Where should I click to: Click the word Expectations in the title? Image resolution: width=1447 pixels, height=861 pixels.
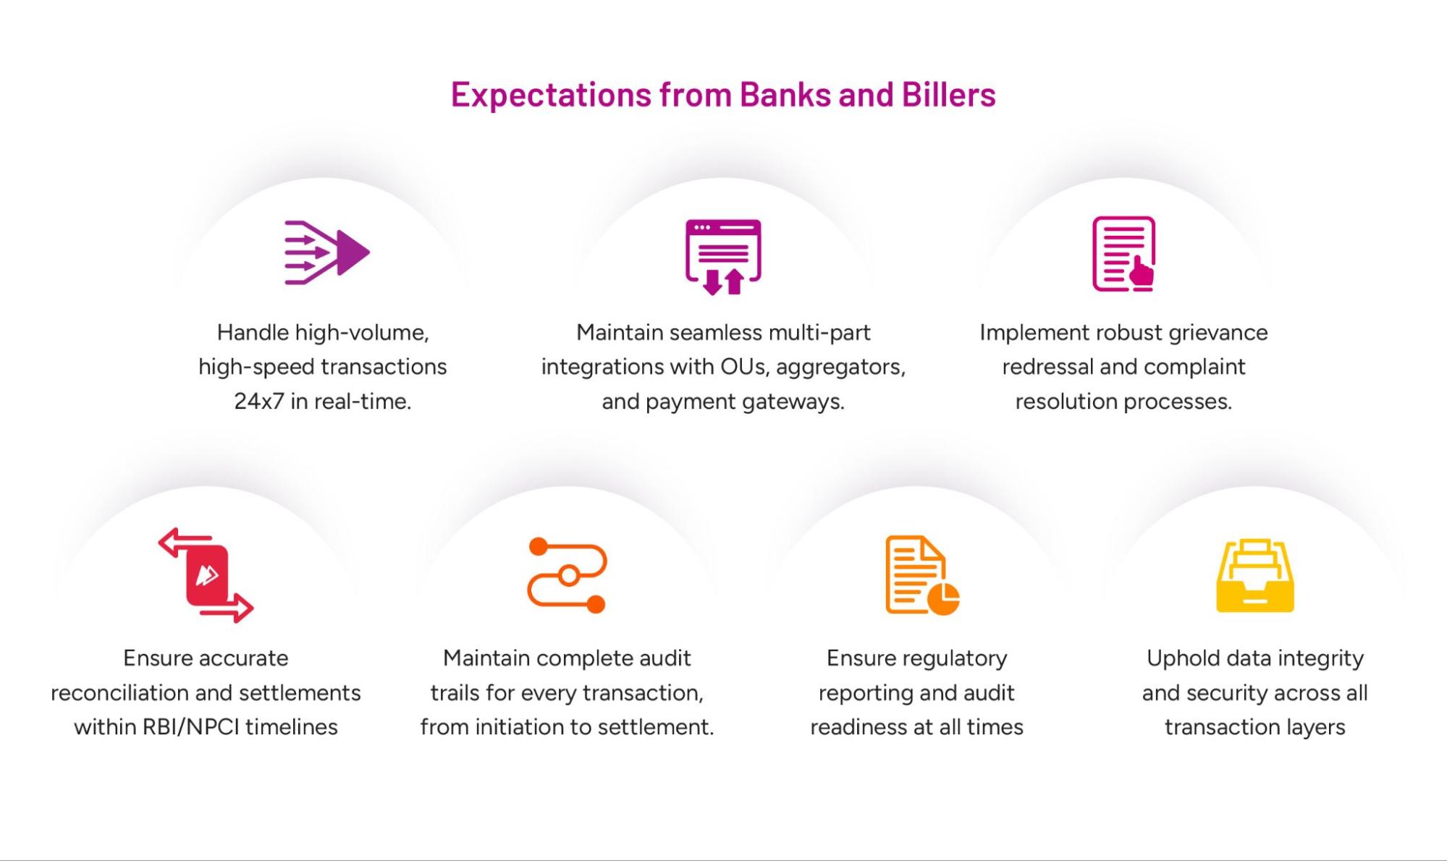[551, 96]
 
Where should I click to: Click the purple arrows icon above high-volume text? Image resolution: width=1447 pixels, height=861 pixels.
[327, 253]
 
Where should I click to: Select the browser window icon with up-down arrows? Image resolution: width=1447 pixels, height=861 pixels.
[723, 257]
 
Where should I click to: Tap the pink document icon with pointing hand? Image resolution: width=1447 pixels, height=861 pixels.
[1123, 254]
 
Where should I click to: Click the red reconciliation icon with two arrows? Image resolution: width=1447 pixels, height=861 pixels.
[206, 574]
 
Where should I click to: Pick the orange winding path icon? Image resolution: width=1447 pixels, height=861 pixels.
[568, 575]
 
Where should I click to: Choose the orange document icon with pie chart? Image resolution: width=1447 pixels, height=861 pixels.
[922, 575]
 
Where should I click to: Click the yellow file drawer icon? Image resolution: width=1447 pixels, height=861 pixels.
[1255, 575]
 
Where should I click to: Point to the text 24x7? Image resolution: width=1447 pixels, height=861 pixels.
[259, 402]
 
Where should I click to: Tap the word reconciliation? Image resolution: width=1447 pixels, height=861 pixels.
[132, 693]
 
